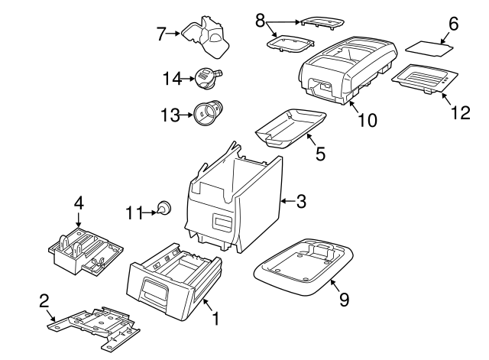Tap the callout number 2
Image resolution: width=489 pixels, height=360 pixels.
point(44,300)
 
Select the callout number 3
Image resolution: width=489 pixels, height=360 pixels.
point(301,202)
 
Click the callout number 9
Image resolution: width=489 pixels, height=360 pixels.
point(343,300)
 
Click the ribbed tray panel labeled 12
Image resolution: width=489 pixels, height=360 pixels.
point(425,79)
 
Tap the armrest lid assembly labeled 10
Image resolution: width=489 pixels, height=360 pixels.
point(348,69)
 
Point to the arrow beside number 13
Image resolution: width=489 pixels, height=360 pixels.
point(186,115)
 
